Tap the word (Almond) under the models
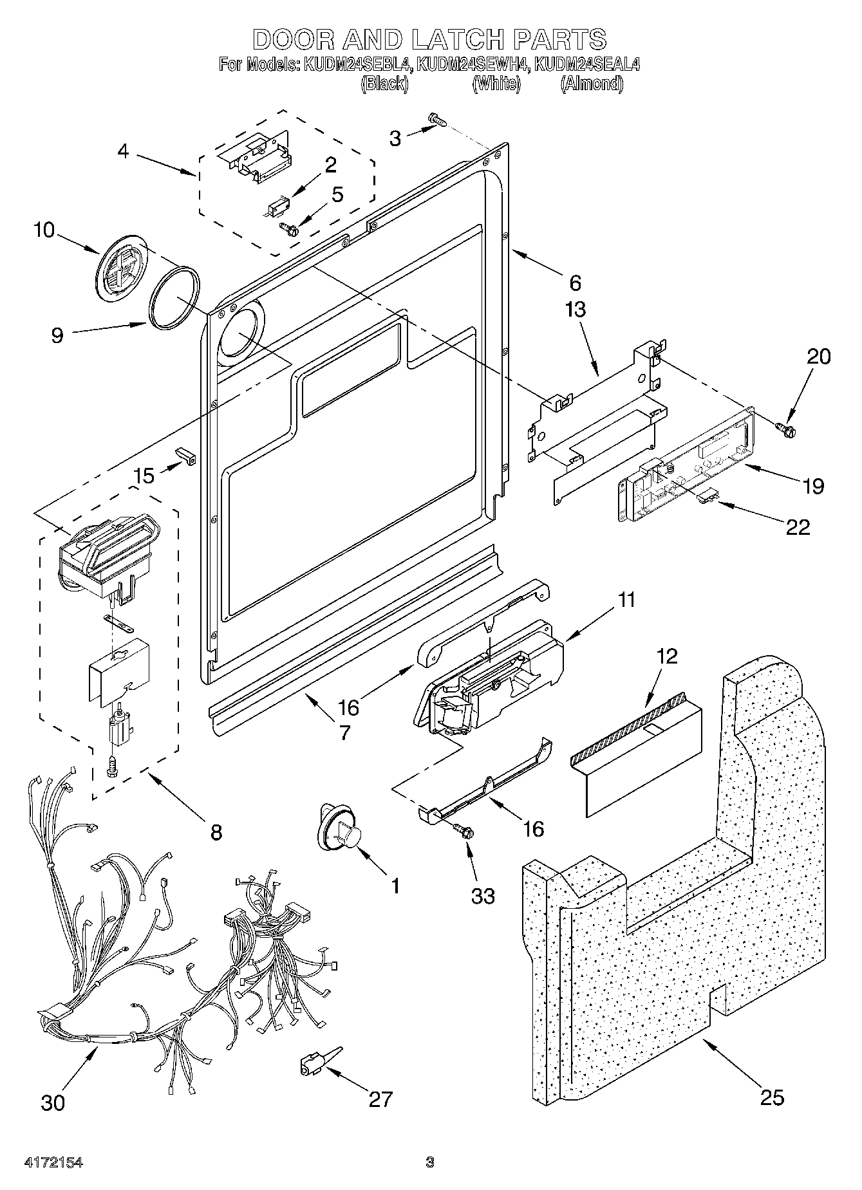click(592, 84)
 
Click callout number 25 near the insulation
click(771, 1097)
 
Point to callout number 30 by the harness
click(53, 1102)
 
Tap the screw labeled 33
click(464, 830)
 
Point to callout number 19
click(814, 487)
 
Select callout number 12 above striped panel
click(668, 656)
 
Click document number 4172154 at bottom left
click(53, 1162)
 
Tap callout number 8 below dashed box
click(216, 832)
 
